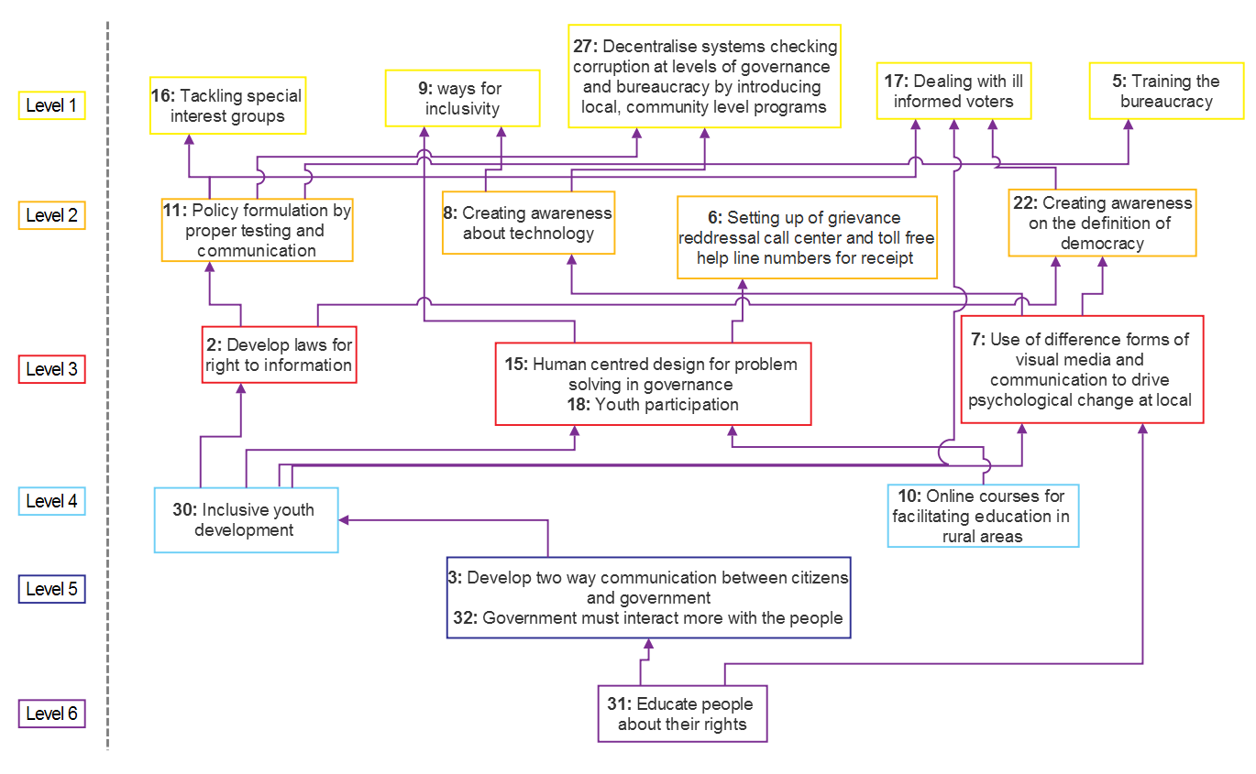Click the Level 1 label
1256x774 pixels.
(x=52, y=105)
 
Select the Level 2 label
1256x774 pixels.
(x=52, y=215)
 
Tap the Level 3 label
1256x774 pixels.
(x=52, y=369)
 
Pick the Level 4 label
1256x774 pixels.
(x=52, y=501)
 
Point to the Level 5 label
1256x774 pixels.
(x=52, y=589)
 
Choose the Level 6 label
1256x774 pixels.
(x=52, y=714)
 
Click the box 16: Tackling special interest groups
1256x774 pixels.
(x=227, y=106)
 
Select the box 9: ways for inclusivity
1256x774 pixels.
(x=462, y=98)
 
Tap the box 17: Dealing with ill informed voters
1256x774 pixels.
(x=953, y=91)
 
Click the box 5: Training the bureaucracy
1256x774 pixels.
(x=1167, y=91)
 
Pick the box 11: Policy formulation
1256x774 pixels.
(x=257, y=230)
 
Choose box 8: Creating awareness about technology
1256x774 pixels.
(x=528, y=223)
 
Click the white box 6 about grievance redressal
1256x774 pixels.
(x=807, y=237)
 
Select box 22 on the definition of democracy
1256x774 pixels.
(x=1102, y=223)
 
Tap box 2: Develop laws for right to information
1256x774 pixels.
(x=279, y=354)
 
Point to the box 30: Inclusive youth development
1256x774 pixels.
(x=246, y=520)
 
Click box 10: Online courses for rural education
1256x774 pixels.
(x=983, y=517)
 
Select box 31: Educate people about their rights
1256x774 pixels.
(x=682, y=714)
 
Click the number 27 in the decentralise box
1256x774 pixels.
(x=583, y=46)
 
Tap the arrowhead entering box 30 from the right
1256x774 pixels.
(x=344, y=519)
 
